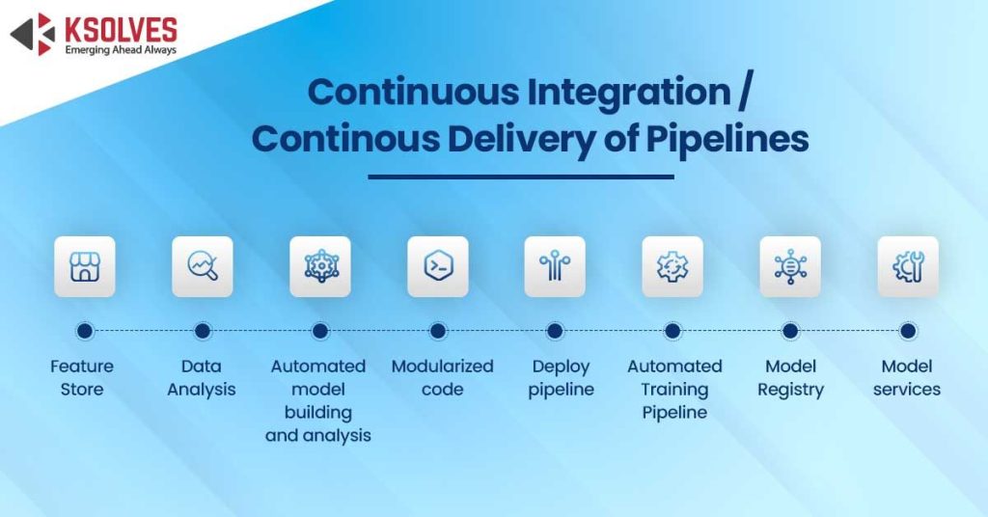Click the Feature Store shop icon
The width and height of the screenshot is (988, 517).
coord(84,266)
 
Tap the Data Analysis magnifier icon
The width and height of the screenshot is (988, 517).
coord(202,266)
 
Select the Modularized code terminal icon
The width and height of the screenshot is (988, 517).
coord(437,266)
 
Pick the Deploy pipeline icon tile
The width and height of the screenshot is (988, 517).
coord(555,266)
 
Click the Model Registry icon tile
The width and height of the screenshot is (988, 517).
coord(790,266)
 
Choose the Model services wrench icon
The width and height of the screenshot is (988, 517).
coord(908,266)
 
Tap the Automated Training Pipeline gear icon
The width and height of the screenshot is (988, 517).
coord(672,266)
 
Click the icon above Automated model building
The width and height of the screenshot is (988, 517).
coord(319,266)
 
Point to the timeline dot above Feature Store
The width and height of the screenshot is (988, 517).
coord(84,331)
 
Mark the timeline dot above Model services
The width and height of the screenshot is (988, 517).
coord(908,331)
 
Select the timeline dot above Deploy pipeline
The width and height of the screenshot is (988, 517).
coord(555,331)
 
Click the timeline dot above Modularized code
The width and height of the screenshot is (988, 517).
coord(437,331)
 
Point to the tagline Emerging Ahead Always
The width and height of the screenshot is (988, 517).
coord(121,49)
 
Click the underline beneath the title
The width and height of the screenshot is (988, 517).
coord(521,177)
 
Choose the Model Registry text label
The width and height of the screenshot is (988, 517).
coord(790,378)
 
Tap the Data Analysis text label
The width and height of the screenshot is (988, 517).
coord(202,378)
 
